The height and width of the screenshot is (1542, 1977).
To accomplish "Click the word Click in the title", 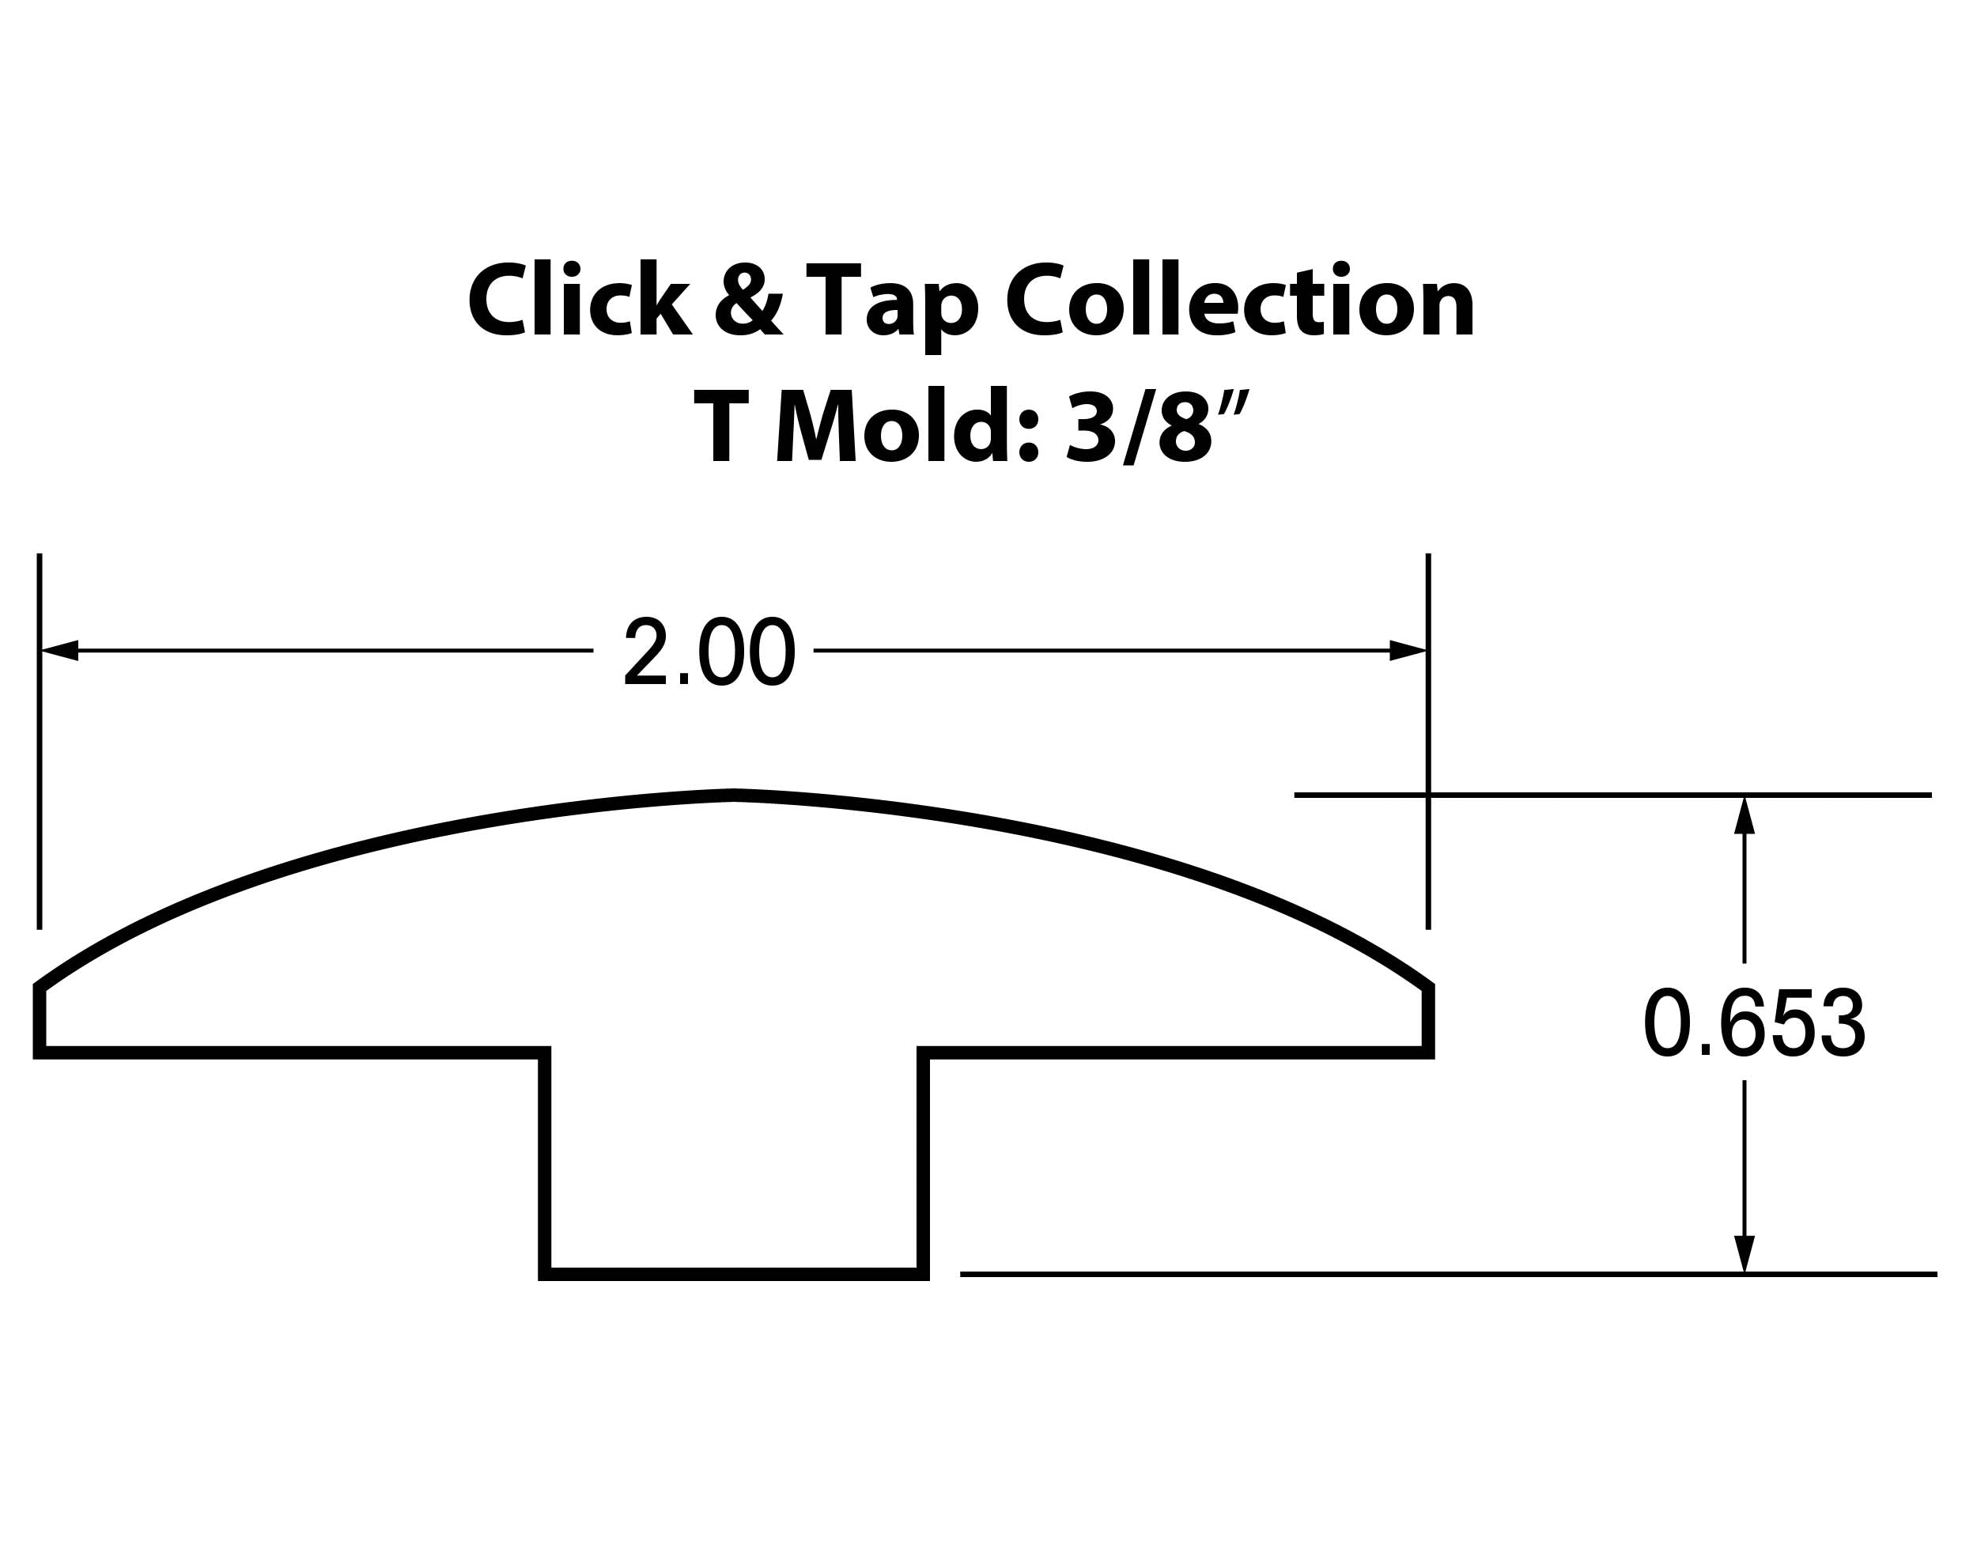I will click(580, 299).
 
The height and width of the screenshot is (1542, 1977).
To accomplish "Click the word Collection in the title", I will click(1240, 299).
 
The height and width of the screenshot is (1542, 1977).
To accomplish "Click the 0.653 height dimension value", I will click(1754, 1022).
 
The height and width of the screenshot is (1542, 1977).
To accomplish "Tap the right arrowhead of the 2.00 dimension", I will click(1408, 651).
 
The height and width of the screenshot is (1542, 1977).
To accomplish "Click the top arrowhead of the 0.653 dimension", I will click(1745, 816).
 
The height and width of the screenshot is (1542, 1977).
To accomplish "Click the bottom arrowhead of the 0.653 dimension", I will click(1745, 1253).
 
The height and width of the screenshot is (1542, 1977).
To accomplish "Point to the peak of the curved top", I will click(734, 796).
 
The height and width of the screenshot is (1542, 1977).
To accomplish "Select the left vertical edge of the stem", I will click(545, 1163).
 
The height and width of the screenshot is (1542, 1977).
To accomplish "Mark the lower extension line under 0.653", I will click(1449, 1274).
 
